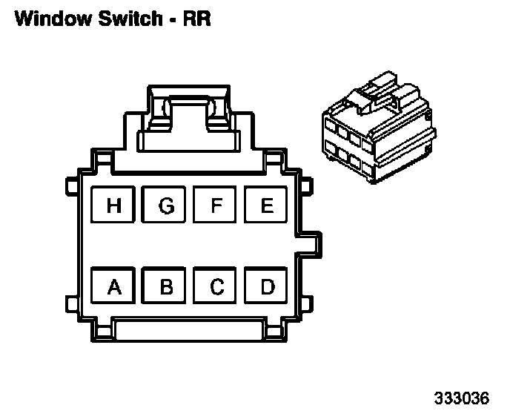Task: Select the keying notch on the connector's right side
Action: pyautogui.click(x=311, y=245)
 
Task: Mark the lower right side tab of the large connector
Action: pyautogui.click(x=307, y=303)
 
